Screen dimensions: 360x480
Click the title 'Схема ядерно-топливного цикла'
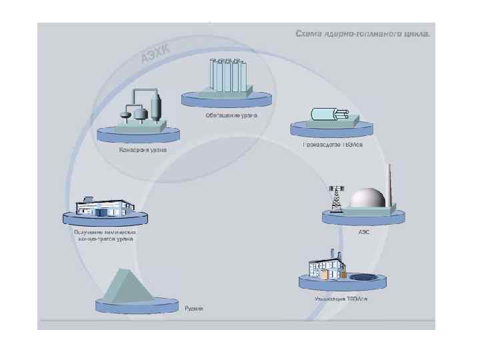pos(363,33)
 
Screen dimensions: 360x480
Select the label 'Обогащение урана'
pos(231,115)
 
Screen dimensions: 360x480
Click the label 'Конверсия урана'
pos(143,150)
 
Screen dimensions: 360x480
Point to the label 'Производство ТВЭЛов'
pos(332,145)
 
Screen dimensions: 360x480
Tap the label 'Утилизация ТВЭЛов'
pos(341,298)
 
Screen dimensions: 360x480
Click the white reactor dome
pos(369,199)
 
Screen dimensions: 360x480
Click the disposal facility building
pos(327,266)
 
